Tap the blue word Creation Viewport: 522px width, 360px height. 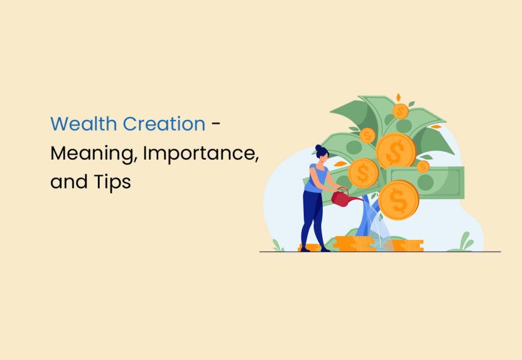point(164,124)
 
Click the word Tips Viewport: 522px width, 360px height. point(112,182)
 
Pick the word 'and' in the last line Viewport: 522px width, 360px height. point(68,181)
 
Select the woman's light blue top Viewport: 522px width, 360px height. point(316,178)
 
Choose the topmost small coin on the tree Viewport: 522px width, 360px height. point(401,111)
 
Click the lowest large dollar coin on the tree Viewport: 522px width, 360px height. point(398,200)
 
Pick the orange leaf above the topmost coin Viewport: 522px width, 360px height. point(398,96)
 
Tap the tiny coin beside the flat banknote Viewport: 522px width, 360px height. point(423,166)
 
